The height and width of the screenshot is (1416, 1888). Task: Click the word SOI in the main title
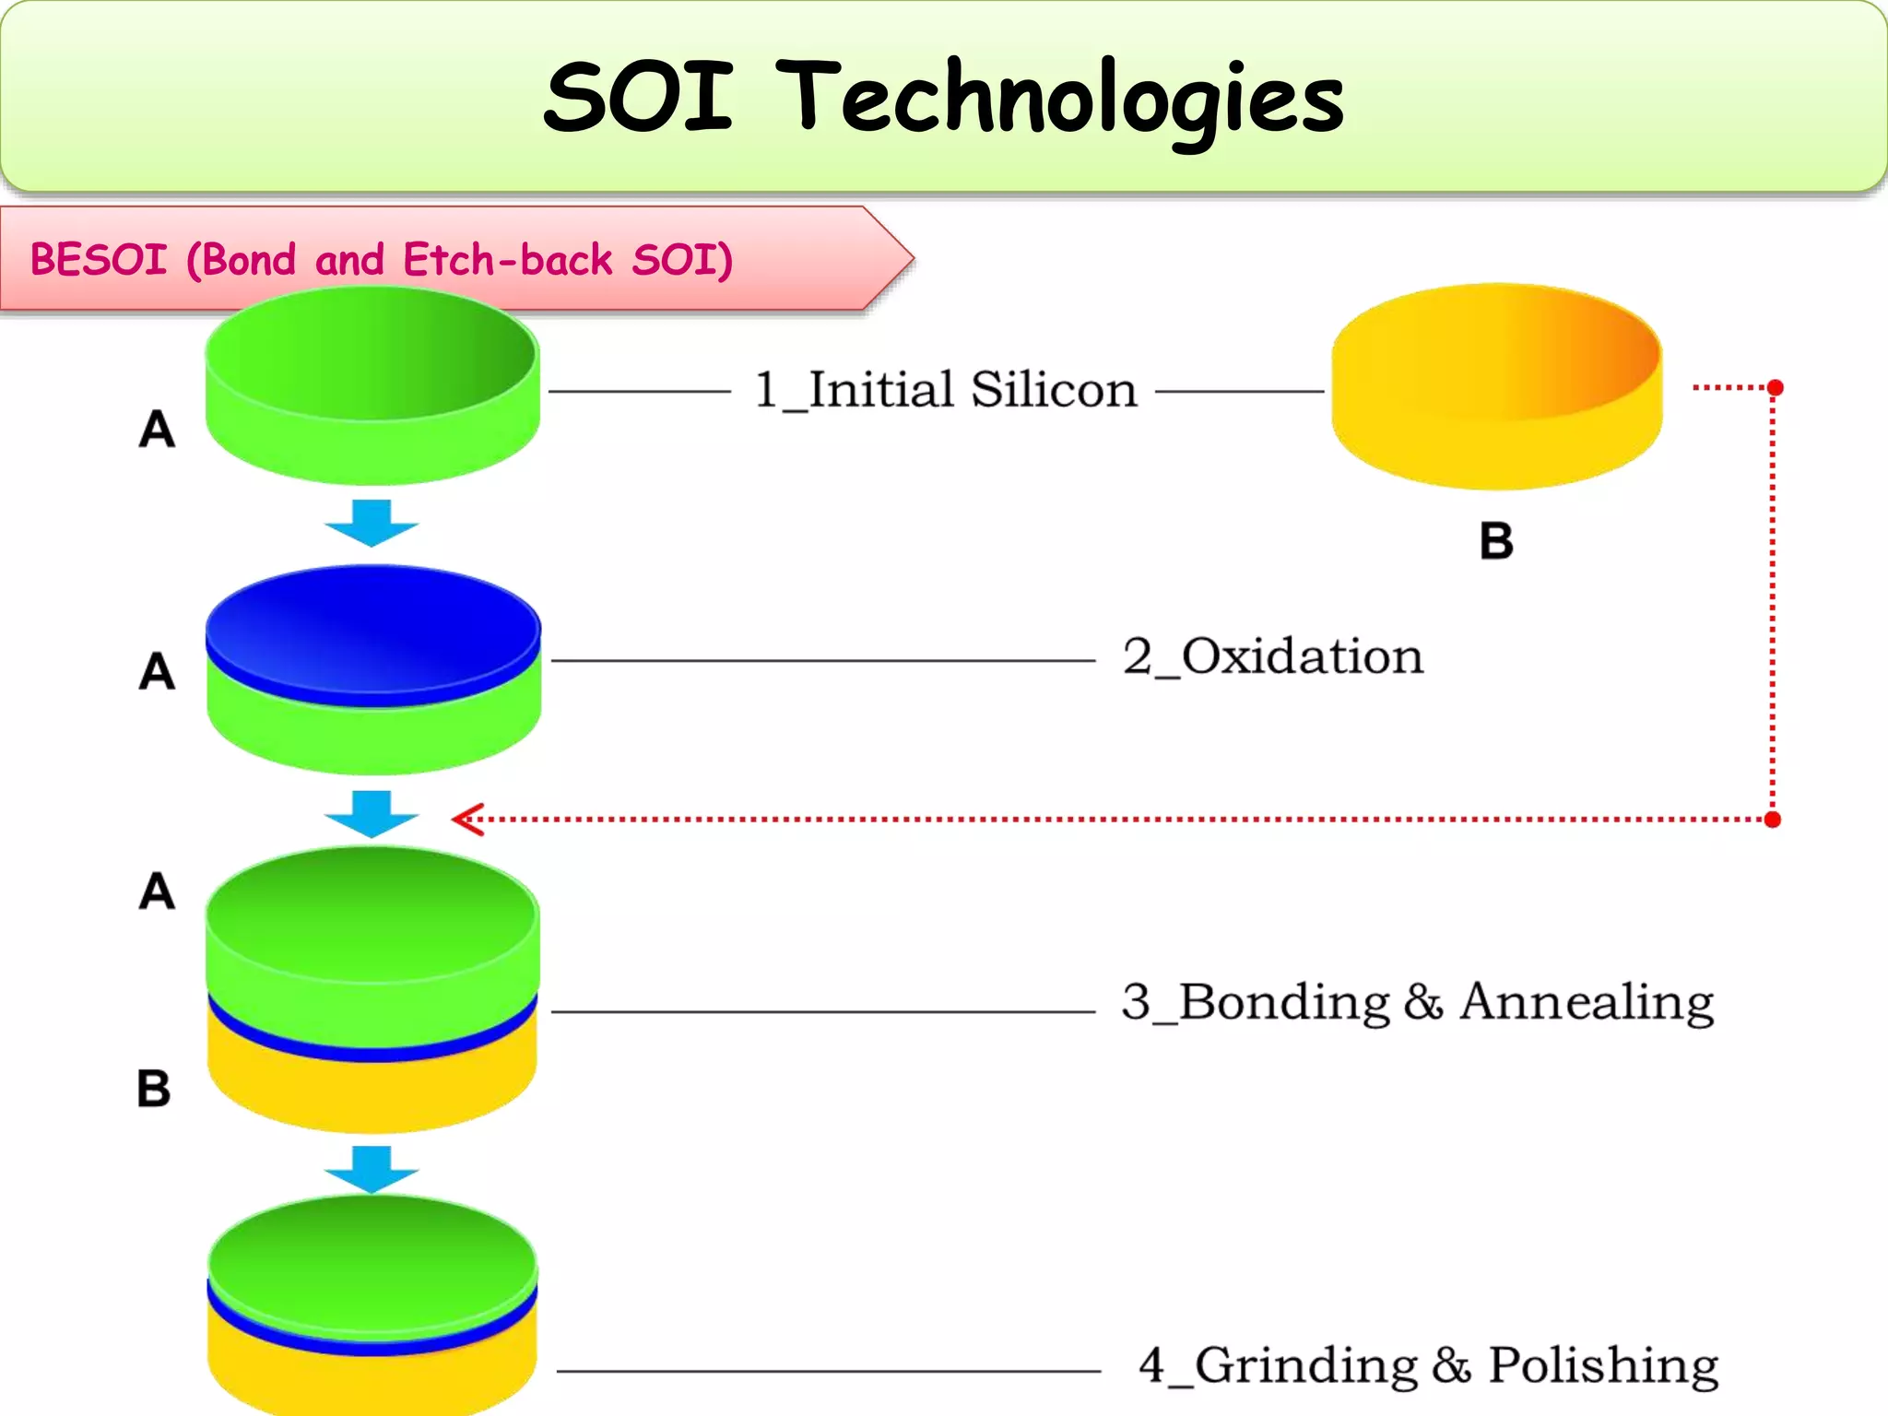pyautogui.click(x=638, y=97)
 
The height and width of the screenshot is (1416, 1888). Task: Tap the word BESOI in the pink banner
pyautogui.click(x=99, y=260)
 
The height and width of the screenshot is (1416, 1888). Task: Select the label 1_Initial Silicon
pyautogui.click(x=945, y=390)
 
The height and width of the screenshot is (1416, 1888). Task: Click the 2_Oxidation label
pyautogui.click(x=1273, y=657)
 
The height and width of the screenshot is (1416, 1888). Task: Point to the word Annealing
pyautogui.click(x=1587, y=1003)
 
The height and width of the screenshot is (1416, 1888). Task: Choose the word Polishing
pyautogui.click(x=1603, y=1366)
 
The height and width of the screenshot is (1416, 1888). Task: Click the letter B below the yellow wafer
pyautogui.click(x=1496, y=541)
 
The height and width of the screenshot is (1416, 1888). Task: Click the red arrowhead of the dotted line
pyautogui.click(x=468, y=819)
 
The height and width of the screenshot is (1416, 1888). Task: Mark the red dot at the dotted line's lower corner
pyautogui.click(x=1772, y=820)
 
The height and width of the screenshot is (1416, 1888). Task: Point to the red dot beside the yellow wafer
pyautogui.click(x=1775, y=387)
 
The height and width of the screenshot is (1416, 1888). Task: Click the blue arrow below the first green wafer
pyautogui.click(x=372, y=522)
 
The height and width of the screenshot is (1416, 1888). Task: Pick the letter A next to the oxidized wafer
pyautogui.click(x=157, y=671)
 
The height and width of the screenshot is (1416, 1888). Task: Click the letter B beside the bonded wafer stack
pyautogui.click(x=154, y=1089)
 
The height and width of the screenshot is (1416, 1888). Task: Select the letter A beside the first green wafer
pyautogui.click(x=157, y=430)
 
